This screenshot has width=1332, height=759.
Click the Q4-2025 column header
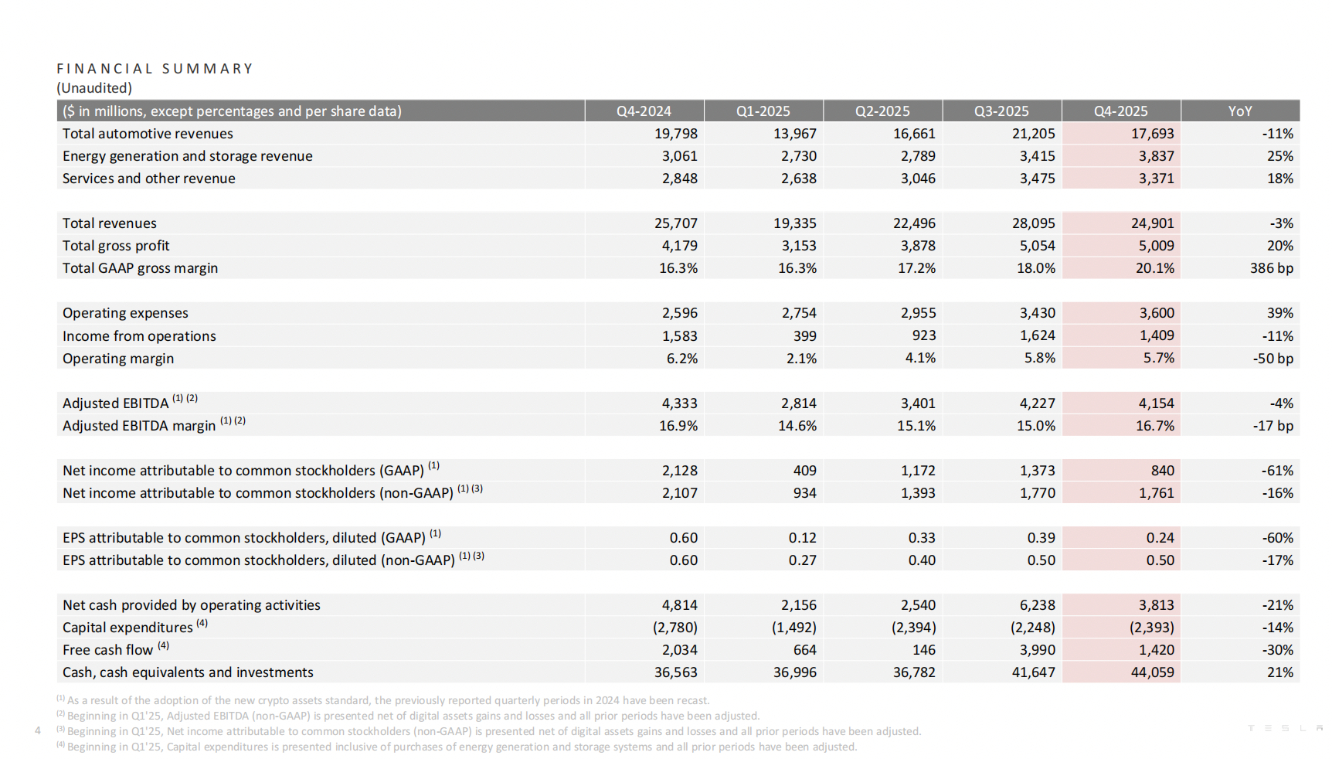[1120, 111]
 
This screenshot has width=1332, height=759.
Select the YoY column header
[1239, 111]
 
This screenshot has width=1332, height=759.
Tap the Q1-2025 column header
[763, 111]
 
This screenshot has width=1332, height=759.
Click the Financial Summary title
[155, 69]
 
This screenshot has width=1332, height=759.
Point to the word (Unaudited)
[94, 88]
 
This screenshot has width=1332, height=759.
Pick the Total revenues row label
[110, 223]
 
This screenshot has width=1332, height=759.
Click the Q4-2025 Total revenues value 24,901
[1152, 223]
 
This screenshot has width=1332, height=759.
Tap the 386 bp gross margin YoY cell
[1271, 268]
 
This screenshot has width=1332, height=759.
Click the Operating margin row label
[118, 359]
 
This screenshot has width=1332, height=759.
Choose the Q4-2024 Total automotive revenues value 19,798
[675, 134]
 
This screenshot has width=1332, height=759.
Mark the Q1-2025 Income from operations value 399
[804, 336]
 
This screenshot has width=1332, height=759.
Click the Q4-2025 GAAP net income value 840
[1162, 471]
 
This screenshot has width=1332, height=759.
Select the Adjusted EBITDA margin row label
[139, 426]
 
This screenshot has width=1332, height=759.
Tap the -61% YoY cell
[1277, 471]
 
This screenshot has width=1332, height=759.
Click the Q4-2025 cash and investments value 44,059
[1152, 672]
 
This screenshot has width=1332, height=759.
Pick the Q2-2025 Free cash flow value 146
[923, 650]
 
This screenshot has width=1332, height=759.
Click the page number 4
[38, 730]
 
